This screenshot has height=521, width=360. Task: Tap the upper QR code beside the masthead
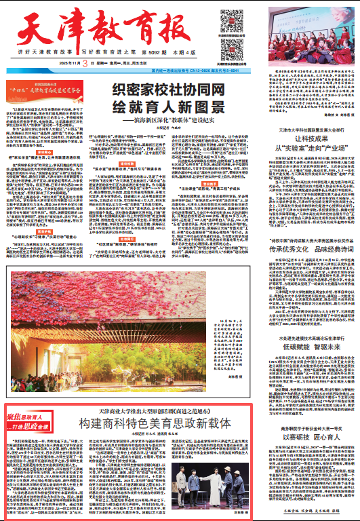[x=229, y=18]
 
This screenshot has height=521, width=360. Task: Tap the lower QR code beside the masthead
[x=229, y=45]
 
